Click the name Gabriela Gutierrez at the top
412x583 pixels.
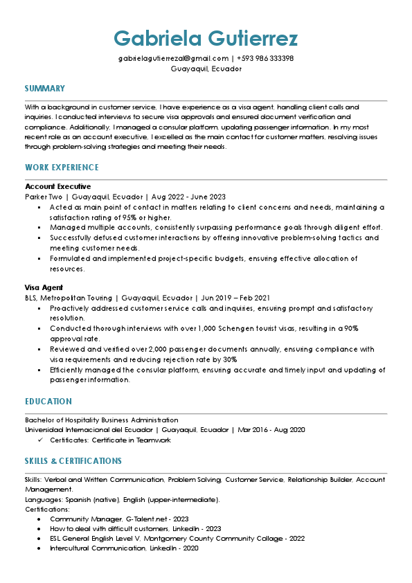pyautogui.click(x=206, y=37)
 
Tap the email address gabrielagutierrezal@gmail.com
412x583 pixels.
pyautogui.click(x=173, y=58)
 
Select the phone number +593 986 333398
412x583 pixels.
pyautogui.click(x=265, y=58)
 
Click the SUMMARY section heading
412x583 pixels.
pyautogui.click(x=45, y=89)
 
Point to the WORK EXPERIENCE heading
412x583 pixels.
pyautogui.click(x=62, y=168)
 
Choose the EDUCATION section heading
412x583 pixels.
pyautogui.click(x=48, y=402)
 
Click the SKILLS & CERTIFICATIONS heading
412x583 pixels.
pyautogui.click(x=73, y=461)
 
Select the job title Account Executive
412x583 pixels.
pyautogui.click(x=58, y=187)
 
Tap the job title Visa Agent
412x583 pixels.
pyautogui.click(x=44, y=287)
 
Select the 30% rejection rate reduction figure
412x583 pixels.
pyautogui.click(x=229, y=359)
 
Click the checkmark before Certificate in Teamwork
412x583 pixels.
pyautogui.click(x=40, y=440)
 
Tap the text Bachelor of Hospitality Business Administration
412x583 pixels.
pyautogui.click(x=102, y=420)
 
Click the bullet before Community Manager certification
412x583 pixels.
pyautogui.click(x=40, y=519)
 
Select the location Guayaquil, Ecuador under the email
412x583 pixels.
pyautogui.click(x=206, y=69)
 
